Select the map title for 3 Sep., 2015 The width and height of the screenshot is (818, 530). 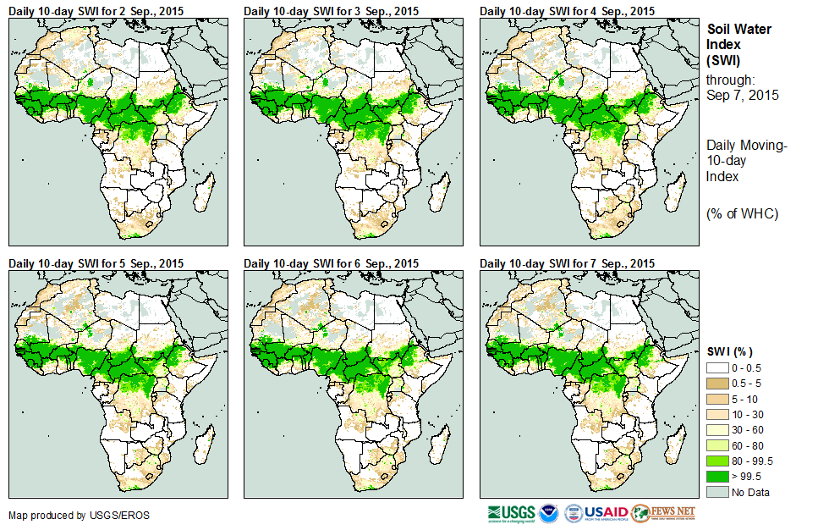(x=331, y=11)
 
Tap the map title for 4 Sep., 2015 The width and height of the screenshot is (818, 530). (x=567, y=11)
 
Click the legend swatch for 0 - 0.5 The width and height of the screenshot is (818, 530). (x=717, y=367)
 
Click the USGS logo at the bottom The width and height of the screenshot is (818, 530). (x=511, y=514)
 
